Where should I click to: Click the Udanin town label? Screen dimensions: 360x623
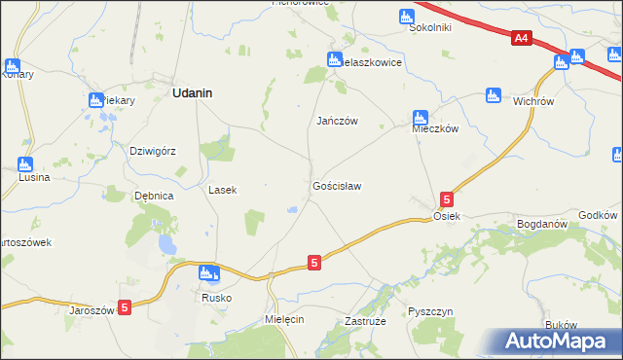[x=193, y=93]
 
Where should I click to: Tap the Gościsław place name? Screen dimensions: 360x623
[x=337, y=185]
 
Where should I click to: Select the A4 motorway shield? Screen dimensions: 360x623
[x=522, y=38]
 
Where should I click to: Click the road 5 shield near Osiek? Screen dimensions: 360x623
[x=446, y=198]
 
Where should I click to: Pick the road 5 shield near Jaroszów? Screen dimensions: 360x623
[x=124, y=307]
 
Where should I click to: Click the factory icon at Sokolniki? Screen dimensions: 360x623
[x=406, y=17]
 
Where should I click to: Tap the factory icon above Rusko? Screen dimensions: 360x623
[x=206, y=274]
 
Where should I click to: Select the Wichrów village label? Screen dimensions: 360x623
[x=533, y=99]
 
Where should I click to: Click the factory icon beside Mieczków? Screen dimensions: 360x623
[x=420, y=118]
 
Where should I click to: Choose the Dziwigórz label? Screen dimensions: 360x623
[x=153, y=151]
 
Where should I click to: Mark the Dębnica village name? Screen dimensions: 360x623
[x=154, y=196]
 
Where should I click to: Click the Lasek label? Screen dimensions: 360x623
[x=223, y=191]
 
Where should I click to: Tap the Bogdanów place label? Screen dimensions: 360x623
[x=542, y=224]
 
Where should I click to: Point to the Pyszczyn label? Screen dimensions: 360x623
[x=430, y=311]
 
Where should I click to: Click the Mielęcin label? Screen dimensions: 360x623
[x=284, y=319]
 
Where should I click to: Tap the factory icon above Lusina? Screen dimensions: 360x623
[x=24, y=164]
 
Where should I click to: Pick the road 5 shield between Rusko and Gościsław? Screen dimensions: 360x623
[x=313, y=263]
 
